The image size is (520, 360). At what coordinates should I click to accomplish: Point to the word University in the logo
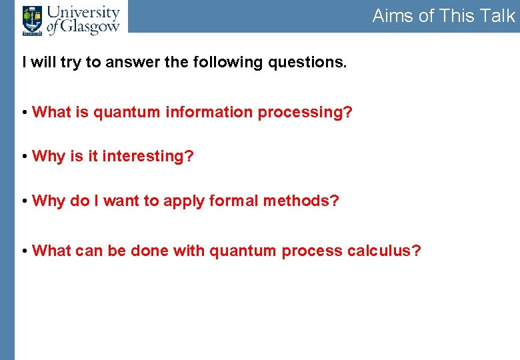pyautogui.click(x=84, y=12)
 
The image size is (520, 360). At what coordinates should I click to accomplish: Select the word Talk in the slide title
pyautogui.click(x=497, y=16)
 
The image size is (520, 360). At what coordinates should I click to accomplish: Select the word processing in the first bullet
pyautogui.click(x=305, y=113)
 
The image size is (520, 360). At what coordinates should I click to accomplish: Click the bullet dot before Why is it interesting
pyautogui.click(x=25, y=157)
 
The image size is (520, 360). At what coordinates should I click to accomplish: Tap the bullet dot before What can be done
pyautogui.click(x=25, y=251)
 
